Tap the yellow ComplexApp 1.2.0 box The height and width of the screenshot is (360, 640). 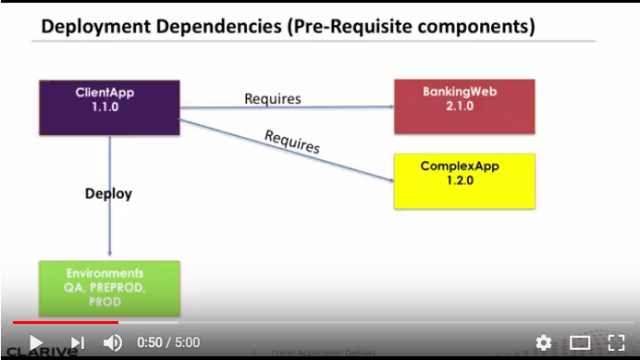click(463, 180)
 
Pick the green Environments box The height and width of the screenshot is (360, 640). click(109, 288)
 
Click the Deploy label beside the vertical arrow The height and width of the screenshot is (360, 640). click(108, 193)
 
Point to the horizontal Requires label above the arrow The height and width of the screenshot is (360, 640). click(272, 98)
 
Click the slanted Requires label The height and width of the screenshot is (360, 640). click(292, 141)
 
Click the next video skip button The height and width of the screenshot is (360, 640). click(77, 343)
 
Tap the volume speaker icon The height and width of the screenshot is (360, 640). click(112, 343)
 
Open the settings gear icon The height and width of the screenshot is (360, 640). click(543, 343)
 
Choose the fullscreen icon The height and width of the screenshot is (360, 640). click(616, 343)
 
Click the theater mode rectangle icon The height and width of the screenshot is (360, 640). click(580, 343)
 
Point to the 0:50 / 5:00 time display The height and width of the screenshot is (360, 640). click(169, 343)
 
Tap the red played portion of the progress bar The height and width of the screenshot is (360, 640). click(60, 322)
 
